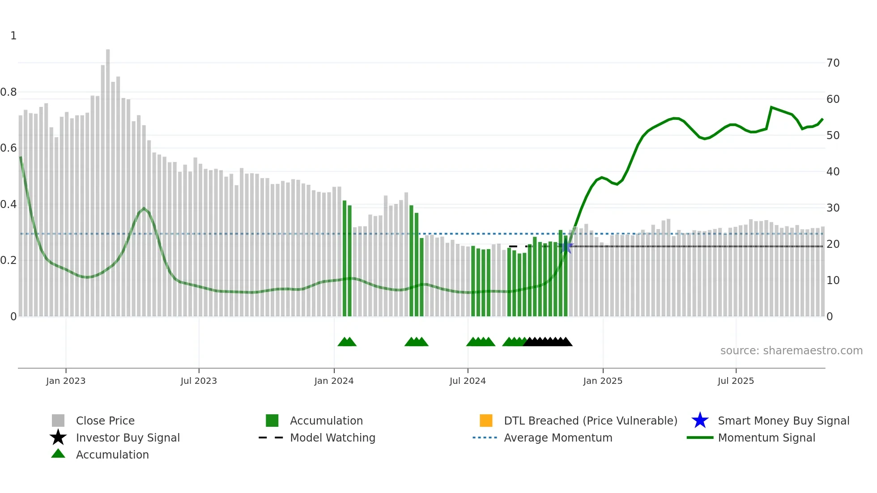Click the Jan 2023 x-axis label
(x=65, y=381)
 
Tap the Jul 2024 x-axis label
(x=467, y=381)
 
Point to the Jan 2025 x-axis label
(x=602, y=381)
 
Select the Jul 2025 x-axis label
(x=736, y=381)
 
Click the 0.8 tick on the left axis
(x=9, y=92)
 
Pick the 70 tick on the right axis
(x=833, y=63)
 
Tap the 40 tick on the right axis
(x=833, y=172)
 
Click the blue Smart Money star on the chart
(x=566, y=246)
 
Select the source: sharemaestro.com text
(x=791, y=351)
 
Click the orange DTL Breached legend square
(x=486, y=421)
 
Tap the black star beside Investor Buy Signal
(x=58, y=438)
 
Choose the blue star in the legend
(x=700, y=421)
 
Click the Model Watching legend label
(x=332, y=438)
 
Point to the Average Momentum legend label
(x=558, y=438)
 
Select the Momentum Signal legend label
(x=766, y=438)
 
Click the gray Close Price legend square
(x=58, y=421)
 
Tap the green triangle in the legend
(x=58, y=454)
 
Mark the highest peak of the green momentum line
(x=771, y=107)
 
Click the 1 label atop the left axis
(x=13, y=36)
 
